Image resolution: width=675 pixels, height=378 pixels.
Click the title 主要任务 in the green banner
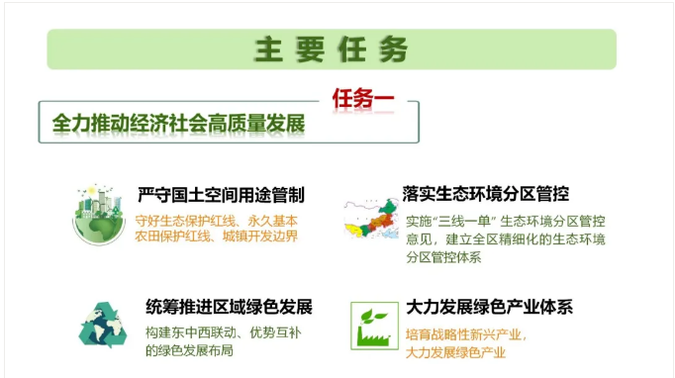point(332,49)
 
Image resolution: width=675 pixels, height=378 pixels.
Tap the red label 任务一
point(361,100)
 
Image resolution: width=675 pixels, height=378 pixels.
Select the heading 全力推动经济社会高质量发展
point(178,124)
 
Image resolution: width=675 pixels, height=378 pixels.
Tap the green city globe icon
point(99,215)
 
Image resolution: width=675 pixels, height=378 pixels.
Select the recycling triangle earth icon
point(102,326)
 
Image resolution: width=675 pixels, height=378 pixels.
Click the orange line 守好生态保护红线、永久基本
point(217,219)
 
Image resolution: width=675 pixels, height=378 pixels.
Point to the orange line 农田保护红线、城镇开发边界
point(217,236)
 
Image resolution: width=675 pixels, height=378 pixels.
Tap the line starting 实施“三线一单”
point(506,220)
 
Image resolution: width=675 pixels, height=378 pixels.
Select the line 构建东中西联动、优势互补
point(223,331)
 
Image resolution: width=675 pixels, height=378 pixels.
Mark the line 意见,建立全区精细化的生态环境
point(506,238)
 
